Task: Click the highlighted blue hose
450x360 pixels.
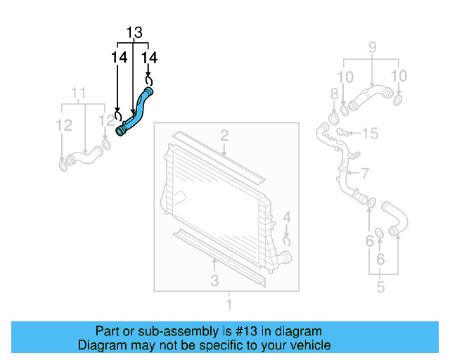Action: pos(136,112)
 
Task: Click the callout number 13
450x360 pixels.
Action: pos(134,32)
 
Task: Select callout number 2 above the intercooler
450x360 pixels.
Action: pos(224,135)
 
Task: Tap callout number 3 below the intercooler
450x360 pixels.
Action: pos(214,281)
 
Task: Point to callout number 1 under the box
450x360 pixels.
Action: pos(228,304)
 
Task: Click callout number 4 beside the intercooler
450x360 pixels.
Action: pos(287,217)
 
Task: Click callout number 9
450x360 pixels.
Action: pos(372,49)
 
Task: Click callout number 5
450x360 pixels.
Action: pos(380,286)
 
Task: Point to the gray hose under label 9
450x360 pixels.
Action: pos(368,96)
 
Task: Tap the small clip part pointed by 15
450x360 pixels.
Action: pos(342,132)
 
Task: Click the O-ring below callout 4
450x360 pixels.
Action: pos(287,240)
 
